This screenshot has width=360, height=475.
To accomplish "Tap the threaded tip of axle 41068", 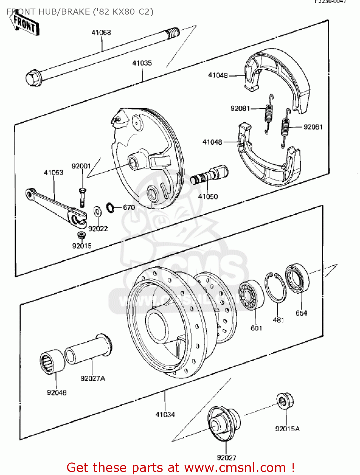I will (x=173, y=33).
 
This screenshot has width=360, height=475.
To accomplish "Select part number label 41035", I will (x=142, y=63).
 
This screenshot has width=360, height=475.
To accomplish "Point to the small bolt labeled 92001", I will (x=82, y=197).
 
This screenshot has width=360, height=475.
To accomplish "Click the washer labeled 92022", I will (x=97, y=211).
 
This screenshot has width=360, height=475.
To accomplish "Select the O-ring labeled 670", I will (x=111, y=207).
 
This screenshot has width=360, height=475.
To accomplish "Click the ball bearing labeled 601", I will (x=251, y=295).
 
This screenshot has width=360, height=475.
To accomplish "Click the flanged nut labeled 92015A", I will (x=285, y=401).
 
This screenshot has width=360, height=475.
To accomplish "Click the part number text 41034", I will (x=165, y=415).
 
